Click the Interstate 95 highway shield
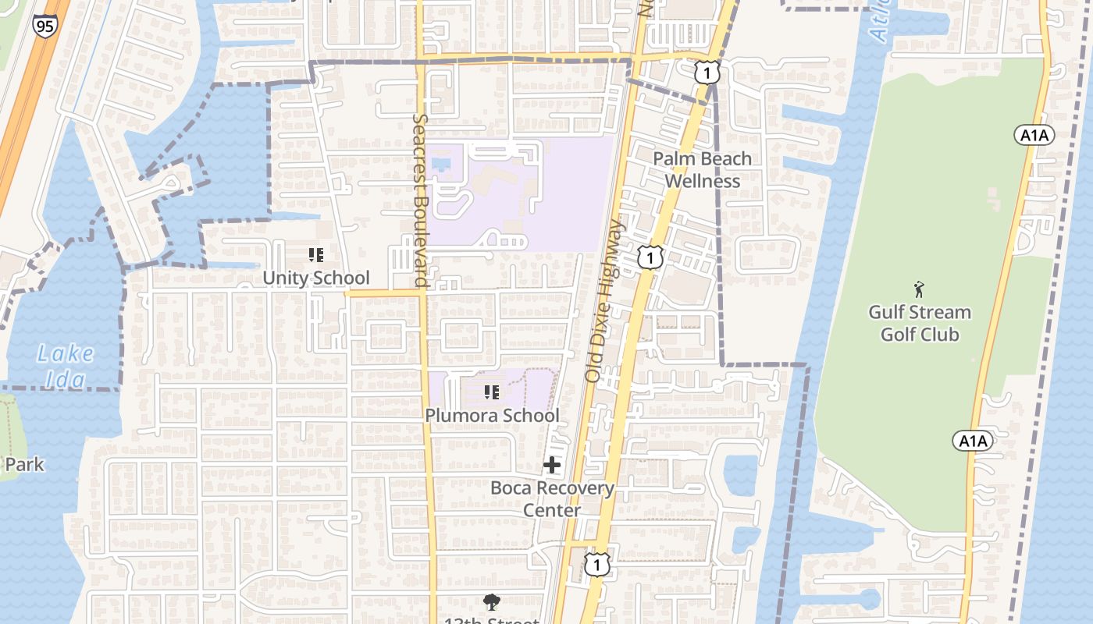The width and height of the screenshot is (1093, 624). tap(45, 25)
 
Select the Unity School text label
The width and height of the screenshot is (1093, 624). tap(316, 278)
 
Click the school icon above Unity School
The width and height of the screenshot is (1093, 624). tap(316, 255)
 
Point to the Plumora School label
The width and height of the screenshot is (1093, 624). tap(492, 416)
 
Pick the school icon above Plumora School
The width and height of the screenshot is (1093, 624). tap(492, 392)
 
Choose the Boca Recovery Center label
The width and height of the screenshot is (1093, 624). tap(552, 499)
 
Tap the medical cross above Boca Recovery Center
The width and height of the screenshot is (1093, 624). tap(552, 466)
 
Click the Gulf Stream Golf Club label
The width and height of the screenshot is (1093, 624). tap(920, 324)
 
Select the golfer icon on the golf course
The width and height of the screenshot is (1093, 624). tap(919, 289)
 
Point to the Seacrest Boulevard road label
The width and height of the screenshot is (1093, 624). tap(420, 201)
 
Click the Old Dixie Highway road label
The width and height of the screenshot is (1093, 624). tap(605, 301)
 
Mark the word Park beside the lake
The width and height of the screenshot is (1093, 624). tap(24, 465)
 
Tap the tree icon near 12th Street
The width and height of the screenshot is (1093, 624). tap(492, 602)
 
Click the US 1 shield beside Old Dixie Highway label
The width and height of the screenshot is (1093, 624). tap(650, 257)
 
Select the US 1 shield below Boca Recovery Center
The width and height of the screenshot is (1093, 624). tap(597, 563)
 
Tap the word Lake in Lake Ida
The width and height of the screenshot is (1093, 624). tap(66, 355)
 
